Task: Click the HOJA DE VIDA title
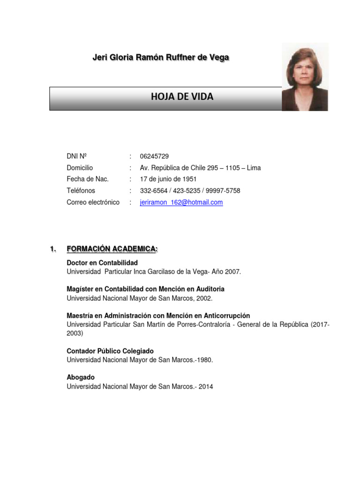[182, 97]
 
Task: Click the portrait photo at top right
[305, 77]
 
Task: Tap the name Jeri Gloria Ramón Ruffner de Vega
[161, 57]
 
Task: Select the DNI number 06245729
[154, 156]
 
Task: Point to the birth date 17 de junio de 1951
[168, 179]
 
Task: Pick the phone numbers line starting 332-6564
[190, 191]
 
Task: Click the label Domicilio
[80, 168]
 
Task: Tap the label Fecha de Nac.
[88, 179]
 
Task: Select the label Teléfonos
[81, 191]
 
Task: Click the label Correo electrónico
[93, 202]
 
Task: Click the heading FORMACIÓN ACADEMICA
[112, 249]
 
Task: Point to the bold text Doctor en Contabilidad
[102, 263]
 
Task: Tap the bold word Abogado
[81, 377]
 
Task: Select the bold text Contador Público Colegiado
[110, 351]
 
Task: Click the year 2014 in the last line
[205, 387]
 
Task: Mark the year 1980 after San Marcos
[204, 360]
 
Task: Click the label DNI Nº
[77, 156]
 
